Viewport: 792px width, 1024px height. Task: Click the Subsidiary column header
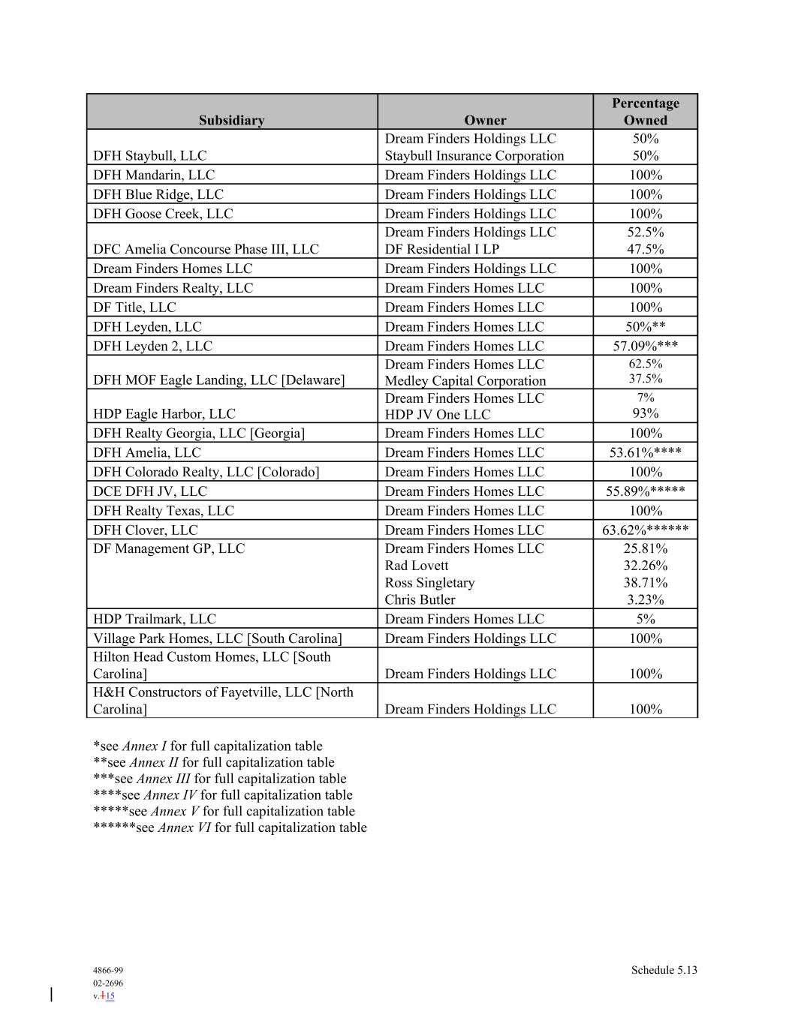pyautogui.click(x=231, y=120)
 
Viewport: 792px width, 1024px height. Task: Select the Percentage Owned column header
pyautogui.click(x=645, y=112)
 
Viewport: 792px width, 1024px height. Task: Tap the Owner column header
pyautogui.click(x=485, y=120)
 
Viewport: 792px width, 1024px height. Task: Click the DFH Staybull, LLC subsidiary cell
pyautogui.click(x=149, y=156)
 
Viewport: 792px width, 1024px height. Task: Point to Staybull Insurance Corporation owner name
pyautogui.click(x=474, y=156)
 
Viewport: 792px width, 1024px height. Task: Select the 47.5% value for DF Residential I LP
pyautogui.click(x=645, y=249)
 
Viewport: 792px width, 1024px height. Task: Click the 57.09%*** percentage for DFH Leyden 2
pyautogui.click(x=645, y=346)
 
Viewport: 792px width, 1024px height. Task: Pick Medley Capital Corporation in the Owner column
pyautogui.click(x=465, y=380)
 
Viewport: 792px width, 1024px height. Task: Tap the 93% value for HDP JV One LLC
pyautogui.click(x=645, y=413)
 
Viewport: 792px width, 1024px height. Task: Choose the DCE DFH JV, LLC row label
pyautogui.click(x=149, y=491)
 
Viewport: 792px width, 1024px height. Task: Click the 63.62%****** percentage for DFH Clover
pyautogui.click(x=645, y=530)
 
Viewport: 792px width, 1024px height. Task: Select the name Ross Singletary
pyautogui.click(x=429, y=583)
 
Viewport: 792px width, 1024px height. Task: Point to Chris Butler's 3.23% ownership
pyautogui.click(x=645, y=599)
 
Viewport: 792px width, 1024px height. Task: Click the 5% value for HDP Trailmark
pyautogui.click(x=645, y=619)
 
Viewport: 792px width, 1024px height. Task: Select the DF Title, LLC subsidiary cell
pyautogui.click(x=134, y=308)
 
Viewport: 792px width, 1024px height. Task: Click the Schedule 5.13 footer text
pyautogui.click(x=664, y=970)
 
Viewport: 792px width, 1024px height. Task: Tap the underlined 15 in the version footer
pyautogui.click(x=110, y=996)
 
